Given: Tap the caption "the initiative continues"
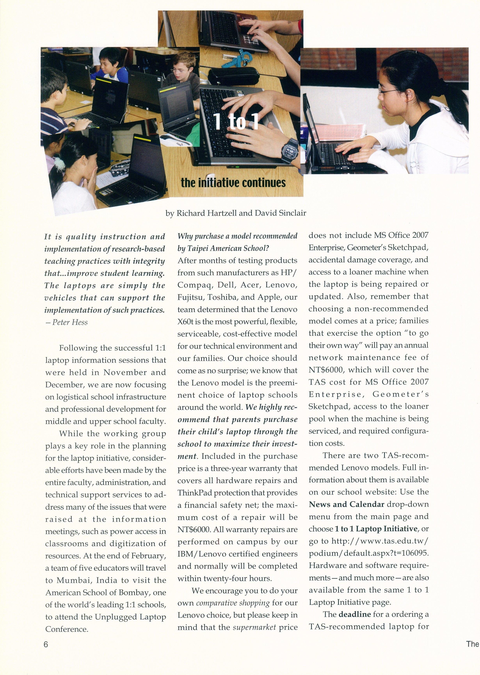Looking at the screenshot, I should coord(233,183).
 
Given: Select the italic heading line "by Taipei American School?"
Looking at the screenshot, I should coord(223,248).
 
